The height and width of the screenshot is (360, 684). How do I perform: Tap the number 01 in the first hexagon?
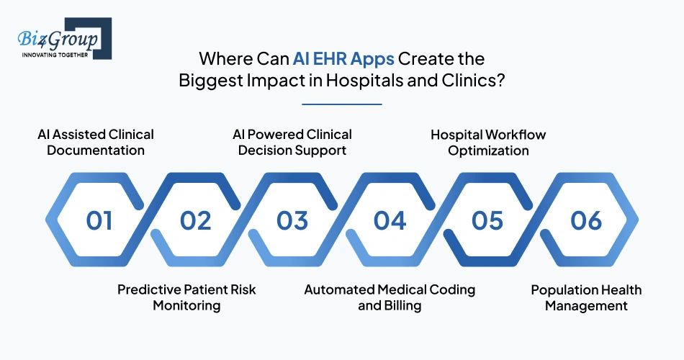pyautogui.click(x=99, y=220)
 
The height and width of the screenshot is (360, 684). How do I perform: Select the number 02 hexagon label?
pyautogui.click(x=196, y=220)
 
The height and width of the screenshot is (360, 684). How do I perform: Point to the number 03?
pyautogui.click(x=293, y=220)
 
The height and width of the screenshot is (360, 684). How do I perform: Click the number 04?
pyautogui.click(x=390, y=220)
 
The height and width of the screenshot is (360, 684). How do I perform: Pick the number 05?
pyautogui.click(x=487, y=220)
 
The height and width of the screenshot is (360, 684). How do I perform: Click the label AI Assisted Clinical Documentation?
pyautogui.click(x=96, y=143)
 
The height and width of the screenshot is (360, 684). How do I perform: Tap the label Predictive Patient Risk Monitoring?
pyautogui.click(x=186, y=297)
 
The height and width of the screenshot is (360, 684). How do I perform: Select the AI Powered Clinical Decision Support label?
pyautogui.click(x=292, y=143)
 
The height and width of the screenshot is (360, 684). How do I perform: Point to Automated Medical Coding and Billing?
pyautogui.click(x=390, y=297)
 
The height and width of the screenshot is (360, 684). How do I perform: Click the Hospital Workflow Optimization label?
pyautogui.click(x=488, y=143)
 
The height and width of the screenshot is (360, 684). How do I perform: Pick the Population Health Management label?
pyautogui.click(x=586, y=297)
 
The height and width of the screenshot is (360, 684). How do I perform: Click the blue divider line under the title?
pyautogui.click(x=341, y=104)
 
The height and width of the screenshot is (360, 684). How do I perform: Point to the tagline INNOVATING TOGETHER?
pyautogui.click(x=55, y=55)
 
